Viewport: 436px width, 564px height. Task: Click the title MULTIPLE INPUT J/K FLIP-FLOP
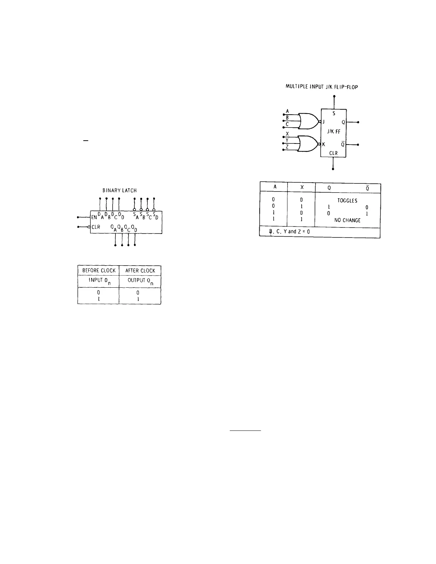pyautogui.click(x=322, y=87)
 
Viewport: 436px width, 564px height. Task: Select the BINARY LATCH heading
pyautogui.click(x=120, y=191)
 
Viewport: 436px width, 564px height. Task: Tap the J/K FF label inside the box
pyautogui.click(x=334, y=131)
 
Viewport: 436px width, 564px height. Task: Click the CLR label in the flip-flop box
pyautogui.click(x=333, y=153)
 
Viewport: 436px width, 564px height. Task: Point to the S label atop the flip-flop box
pyautogui.click(x=334, y=114)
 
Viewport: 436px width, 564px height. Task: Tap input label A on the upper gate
pyautogui.click(x=287, y=111)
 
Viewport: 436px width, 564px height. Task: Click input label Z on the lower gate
pyautogui.click(x=287, y=147)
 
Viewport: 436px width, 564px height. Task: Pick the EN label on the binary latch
pyautogui.click(x=94, y=217)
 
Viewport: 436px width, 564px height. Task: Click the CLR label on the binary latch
pyautogui.click(x=96, y=227)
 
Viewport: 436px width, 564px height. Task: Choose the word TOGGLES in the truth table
pyautogui.click(x=347, y=201)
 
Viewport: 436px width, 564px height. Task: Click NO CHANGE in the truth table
pyautogui.click(x=347, y=220)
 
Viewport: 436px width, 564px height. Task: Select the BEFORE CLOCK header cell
pyautogui.click(x=99, y=271)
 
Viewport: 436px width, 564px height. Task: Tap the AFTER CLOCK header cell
pyautogui.click(x=140, y=271)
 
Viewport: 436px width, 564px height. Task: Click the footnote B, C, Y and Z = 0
pyautogui.click(x=289, y=231)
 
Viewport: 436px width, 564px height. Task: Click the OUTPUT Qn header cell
pyautogui.click(x=140, y=281)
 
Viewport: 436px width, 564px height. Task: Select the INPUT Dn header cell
pyautogui.click(x=99, y=281)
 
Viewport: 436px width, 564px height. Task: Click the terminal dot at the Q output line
pyautogui.click(x=358, y=122)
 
